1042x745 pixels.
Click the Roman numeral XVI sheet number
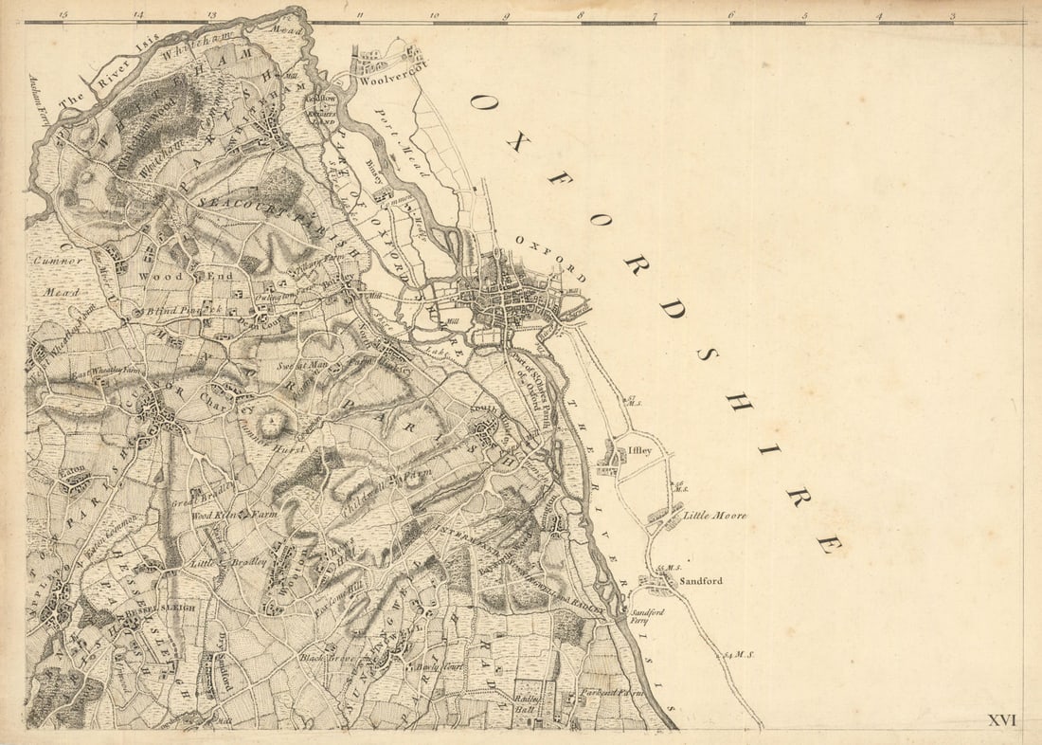click(1001, 720)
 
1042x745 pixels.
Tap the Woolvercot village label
click(393, 80)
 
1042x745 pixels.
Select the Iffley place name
click(639, 450)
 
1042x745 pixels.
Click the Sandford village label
click(701, 580)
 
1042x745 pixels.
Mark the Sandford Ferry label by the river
click(648, 616)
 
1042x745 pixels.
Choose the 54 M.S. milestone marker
click(740, 654)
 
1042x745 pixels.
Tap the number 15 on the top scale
click(63, 15)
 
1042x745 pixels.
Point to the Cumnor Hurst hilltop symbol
click(273, 422)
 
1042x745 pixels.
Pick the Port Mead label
click(396, 133)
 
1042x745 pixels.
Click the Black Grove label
click(327, 657)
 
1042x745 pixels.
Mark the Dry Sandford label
click(225, 654)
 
